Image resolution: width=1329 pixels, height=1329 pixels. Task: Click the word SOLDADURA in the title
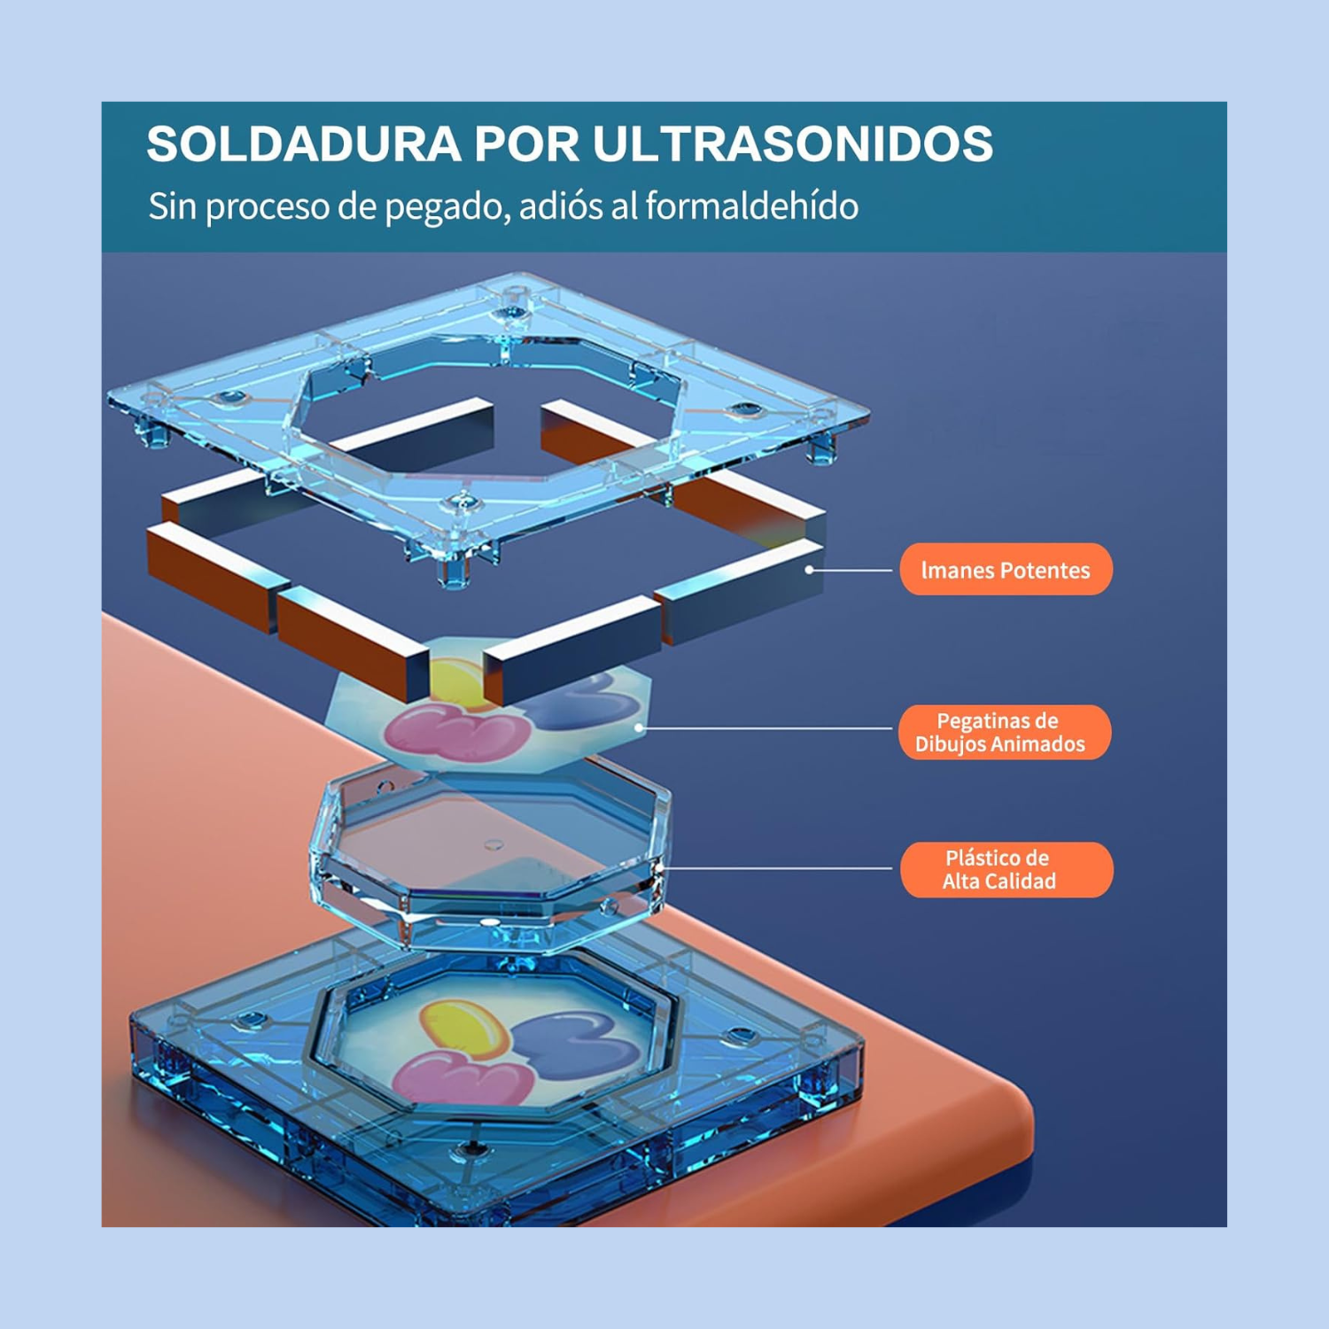click(303, 144)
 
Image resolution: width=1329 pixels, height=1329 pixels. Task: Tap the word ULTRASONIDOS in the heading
click(792, 144)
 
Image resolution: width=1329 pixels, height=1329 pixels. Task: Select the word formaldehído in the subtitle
click(752, 206)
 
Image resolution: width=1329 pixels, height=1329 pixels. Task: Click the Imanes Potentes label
click(1006, 570)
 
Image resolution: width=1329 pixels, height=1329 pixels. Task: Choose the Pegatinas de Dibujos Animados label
click(1005, 732)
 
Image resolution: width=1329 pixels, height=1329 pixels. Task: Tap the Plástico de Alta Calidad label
click(1006, 869)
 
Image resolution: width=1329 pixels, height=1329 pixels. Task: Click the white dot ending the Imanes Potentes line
click(809, 570)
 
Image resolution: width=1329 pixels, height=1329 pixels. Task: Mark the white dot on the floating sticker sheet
click(640, 728)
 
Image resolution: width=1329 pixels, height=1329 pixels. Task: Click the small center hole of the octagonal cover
click(494, 844)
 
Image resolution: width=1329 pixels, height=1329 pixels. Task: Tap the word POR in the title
click(526, 144)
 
